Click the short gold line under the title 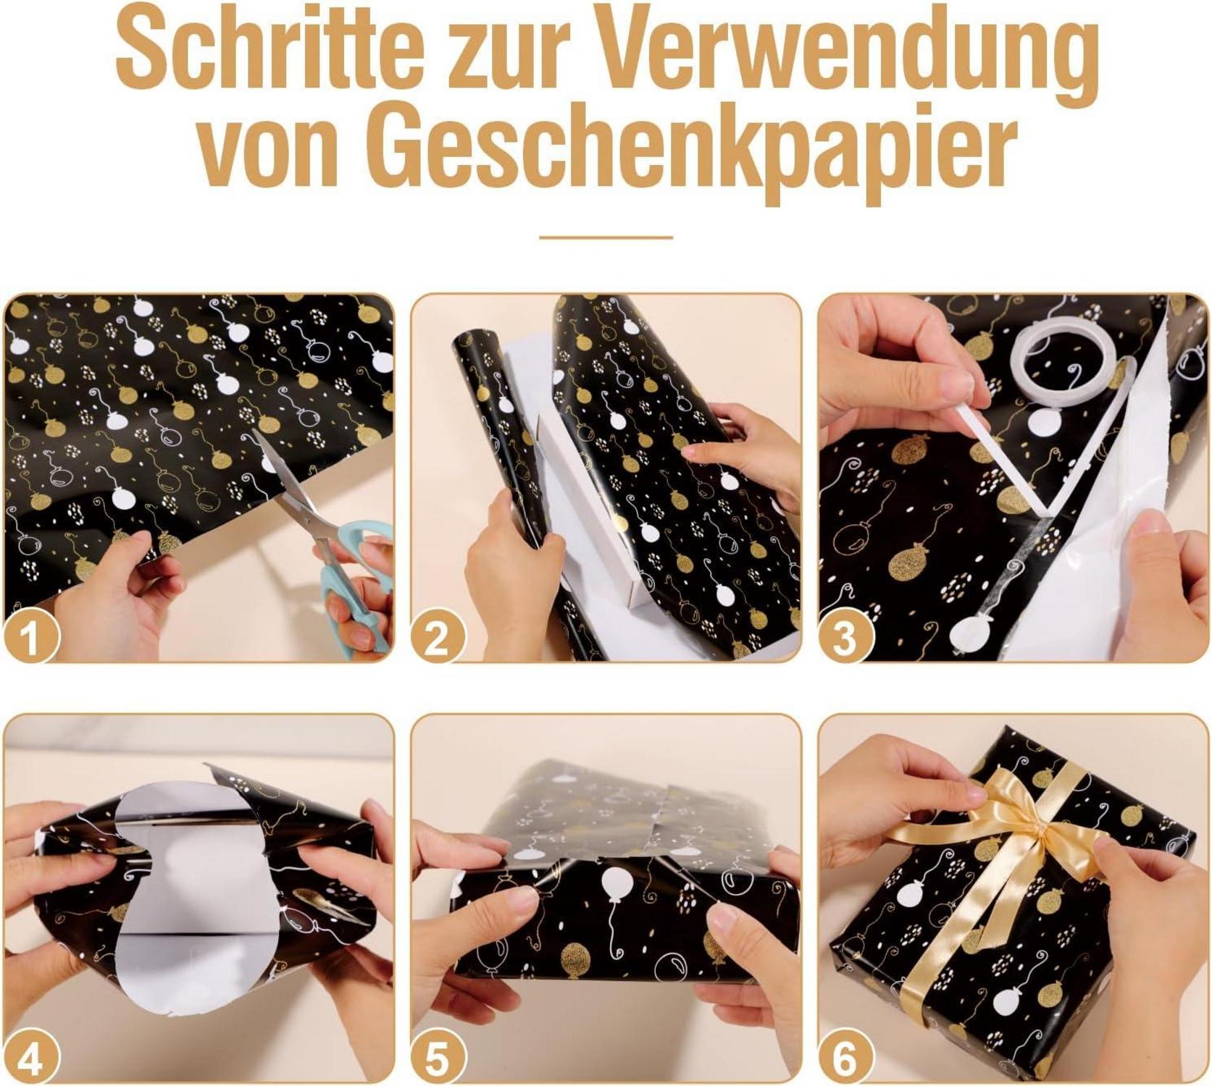(x=606, y=237)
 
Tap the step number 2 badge (x=437, y=638)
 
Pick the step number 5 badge (x=437, y=1060)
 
